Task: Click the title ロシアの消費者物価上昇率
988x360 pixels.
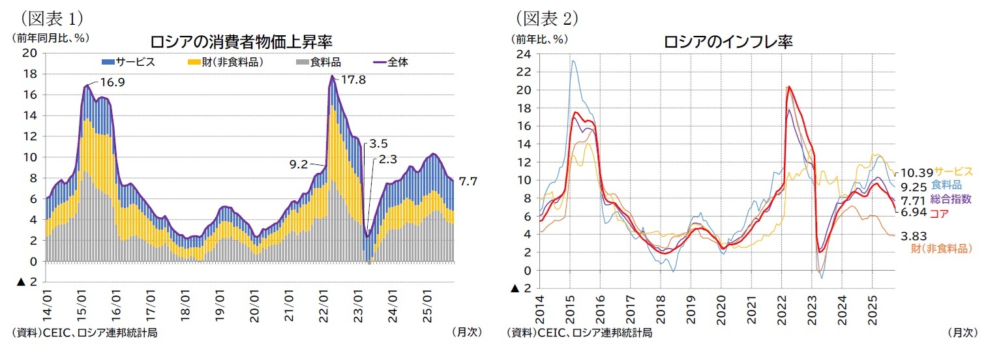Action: [x=241, y=42]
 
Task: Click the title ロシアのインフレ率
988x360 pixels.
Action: [x=728, y=42]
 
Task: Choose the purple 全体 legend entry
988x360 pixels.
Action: [x=395, y=62]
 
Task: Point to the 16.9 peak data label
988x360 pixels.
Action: [x=112, y=82]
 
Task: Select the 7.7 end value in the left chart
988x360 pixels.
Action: [x=469, y=181]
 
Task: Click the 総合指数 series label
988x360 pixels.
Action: [x=951, y=199]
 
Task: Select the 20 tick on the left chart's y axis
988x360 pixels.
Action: [x=30, y=53]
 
